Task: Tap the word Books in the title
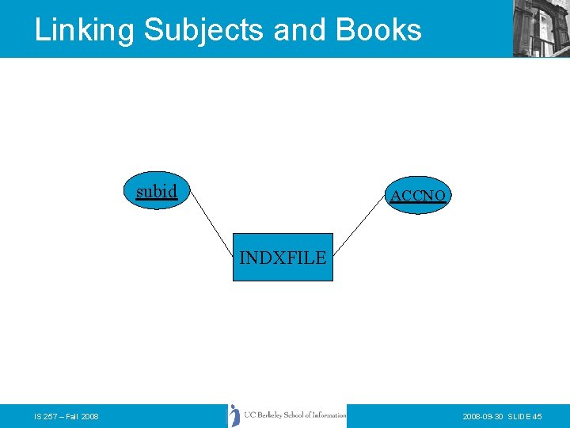point(378,29)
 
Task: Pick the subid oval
point(158,191)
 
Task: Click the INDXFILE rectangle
point(283,258)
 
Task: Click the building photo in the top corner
point(541,28)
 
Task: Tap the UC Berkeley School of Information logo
point(287,415)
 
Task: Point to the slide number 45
point(538,417)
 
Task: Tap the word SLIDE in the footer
point(520,417)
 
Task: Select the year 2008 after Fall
point(89,417)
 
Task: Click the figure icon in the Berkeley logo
point(234,415)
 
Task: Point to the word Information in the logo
point(329,415)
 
